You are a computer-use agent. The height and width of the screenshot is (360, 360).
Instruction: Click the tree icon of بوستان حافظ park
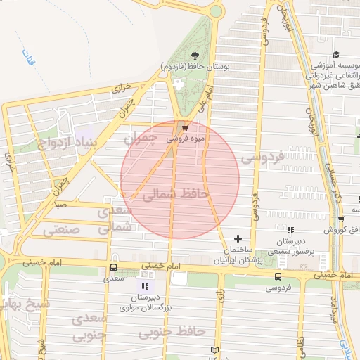(195, 56)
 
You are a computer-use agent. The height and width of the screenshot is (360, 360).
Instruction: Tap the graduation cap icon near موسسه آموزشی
(336, 55)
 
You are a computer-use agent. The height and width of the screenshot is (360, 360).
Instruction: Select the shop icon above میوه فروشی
(185, 128)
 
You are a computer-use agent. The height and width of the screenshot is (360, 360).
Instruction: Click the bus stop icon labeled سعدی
(113, 267)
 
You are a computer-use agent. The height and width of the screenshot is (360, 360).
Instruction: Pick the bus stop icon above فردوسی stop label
(278, 276)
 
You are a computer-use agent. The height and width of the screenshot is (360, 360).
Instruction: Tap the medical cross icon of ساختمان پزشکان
(238, 238)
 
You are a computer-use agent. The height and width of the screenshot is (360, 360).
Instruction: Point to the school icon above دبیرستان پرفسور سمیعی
(291, 229)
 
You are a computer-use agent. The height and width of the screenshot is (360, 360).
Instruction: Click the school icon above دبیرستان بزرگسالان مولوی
(145, 286)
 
